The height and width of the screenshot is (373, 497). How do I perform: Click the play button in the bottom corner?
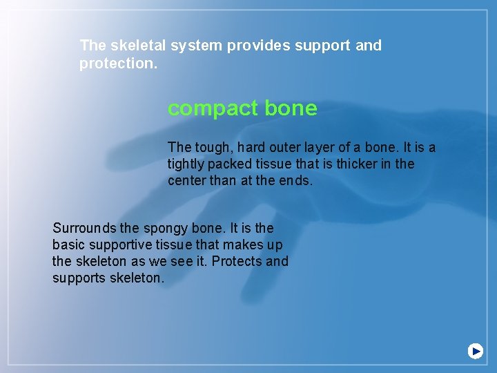pos(476,351)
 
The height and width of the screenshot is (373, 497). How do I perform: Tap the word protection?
pos(117,64)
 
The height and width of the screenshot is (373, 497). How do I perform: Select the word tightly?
pos(188,164)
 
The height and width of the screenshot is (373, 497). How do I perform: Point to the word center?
pos(188,181)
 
